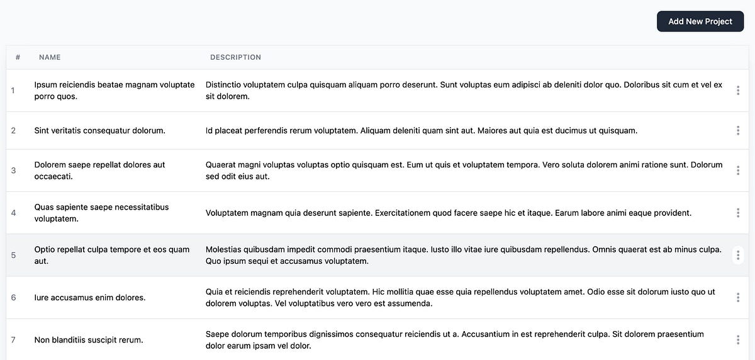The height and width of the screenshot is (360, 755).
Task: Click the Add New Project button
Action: (700, 21)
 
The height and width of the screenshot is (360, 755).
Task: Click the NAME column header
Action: (50, 57)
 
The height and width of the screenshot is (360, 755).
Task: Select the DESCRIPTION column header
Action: (235, 57)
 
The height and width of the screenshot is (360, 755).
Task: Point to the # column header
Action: (18, 57)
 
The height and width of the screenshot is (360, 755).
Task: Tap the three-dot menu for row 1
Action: (737, 91)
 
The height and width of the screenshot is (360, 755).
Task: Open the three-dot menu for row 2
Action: (737, 131)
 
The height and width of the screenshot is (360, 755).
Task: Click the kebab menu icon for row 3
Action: (737, 171)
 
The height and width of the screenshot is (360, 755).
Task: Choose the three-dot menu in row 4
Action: (737, 213)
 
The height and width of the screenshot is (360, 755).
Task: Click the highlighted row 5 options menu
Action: (737, 255)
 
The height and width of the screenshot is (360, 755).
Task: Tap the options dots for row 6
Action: (737, 298)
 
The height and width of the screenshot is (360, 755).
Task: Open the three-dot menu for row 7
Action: (737, 340)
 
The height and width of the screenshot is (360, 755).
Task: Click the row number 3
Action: (13, 171)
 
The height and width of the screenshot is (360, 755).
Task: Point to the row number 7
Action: (13, 340)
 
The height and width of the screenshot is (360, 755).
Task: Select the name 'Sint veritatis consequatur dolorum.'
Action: (99, 131)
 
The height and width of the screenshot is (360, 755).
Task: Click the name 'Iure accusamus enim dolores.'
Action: (89, 298)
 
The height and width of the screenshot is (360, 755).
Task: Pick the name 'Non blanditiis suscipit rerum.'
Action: (89, 340)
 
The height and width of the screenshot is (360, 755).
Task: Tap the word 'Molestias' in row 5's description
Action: (225, 249)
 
